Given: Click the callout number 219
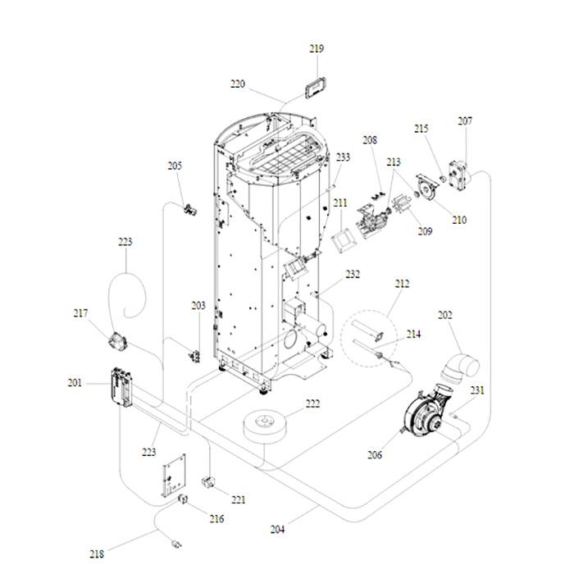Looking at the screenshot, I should point(317,49).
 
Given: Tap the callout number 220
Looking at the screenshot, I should point(238,84).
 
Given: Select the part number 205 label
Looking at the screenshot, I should point(175,166).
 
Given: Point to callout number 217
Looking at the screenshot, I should point(80,313).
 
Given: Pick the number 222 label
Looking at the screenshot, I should point(312,404).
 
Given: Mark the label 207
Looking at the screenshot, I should point(465,121).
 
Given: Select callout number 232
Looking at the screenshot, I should point(353,275).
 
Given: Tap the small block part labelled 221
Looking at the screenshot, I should point(208,483).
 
